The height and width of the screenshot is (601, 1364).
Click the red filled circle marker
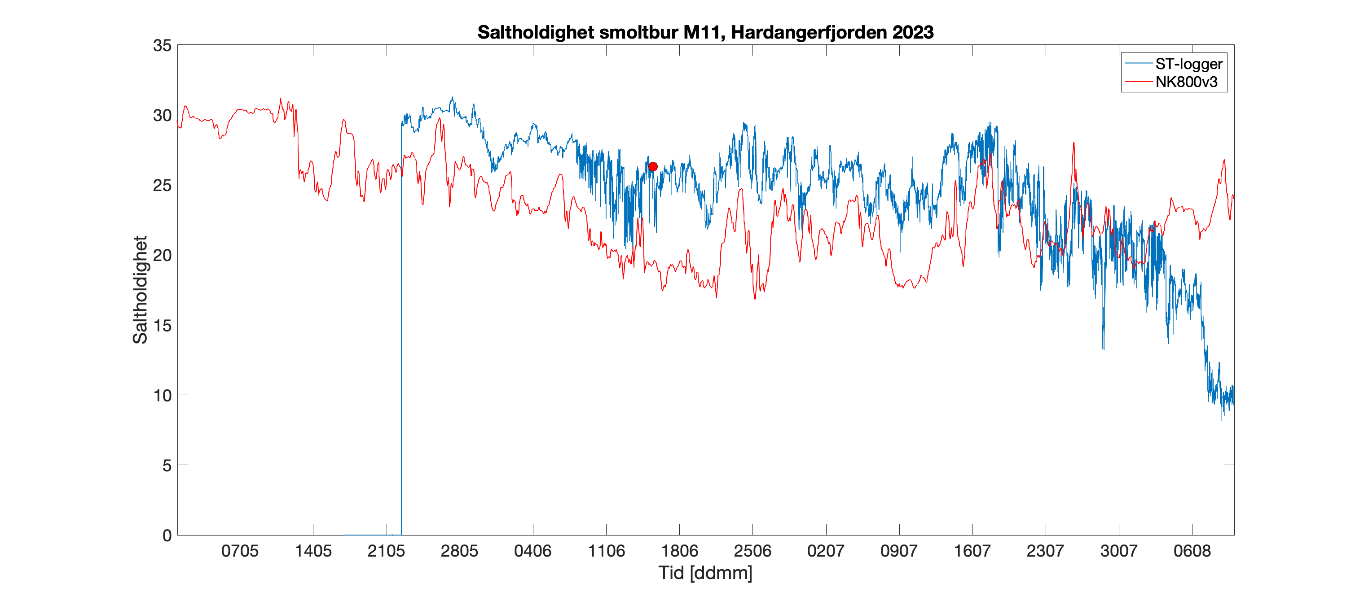coord(653,167)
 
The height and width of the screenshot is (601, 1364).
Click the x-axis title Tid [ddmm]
coord(705,572)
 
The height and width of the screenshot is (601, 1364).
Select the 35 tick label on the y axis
coord(162,45)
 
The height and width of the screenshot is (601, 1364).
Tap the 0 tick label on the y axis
coord(167,536)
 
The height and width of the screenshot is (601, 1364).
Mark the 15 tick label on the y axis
coord(162,325)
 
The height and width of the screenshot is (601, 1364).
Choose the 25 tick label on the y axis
coord(162,186)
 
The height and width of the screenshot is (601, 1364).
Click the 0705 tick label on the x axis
coord(240,551)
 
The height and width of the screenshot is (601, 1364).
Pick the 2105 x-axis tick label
coord(386,551)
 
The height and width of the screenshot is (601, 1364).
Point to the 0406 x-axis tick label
coord(532,551)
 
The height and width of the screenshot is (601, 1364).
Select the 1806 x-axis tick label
coord(679,551)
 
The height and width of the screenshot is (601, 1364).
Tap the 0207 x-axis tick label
coord(826,551)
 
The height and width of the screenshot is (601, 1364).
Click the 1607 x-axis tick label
coord(972,551)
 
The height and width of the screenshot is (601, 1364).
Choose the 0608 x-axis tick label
coord(1192,551)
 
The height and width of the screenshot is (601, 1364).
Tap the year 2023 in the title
coord(913,32)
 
